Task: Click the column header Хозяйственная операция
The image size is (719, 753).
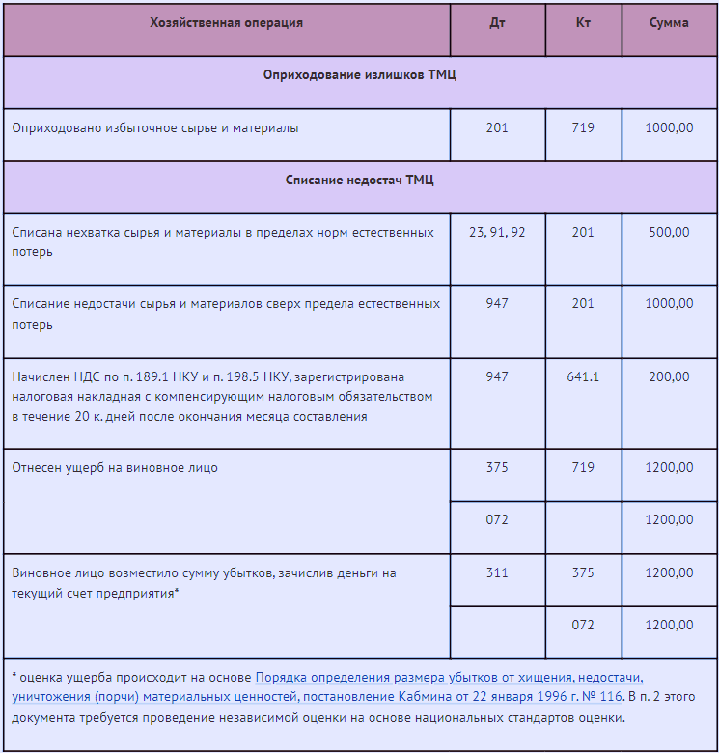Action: [226, 23]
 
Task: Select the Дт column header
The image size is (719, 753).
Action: [497, 23]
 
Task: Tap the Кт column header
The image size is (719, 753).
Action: [583, 23]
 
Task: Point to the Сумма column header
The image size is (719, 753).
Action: [669, 23]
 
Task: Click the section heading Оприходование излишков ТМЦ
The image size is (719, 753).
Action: [360, 75]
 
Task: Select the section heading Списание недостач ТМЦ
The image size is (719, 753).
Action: [360, 180]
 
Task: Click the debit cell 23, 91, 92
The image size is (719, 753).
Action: [497, 233]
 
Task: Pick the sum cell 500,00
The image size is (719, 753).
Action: [669, 233]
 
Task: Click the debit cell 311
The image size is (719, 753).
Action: [497, 573]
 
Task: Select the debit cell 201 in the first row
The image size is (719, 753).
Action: [497, 127]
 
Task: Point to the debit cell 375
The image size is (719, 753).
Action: [497, 468]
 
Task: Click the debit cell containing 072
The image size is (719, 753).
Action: [497, 520]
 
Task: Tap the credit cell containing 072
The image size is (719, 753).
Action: [583, 626]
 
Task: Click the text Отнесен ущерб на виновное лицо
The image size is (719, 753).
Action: [115, 468]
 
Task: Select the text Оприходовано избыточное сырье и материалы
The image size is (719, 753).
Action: [155, 127]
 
